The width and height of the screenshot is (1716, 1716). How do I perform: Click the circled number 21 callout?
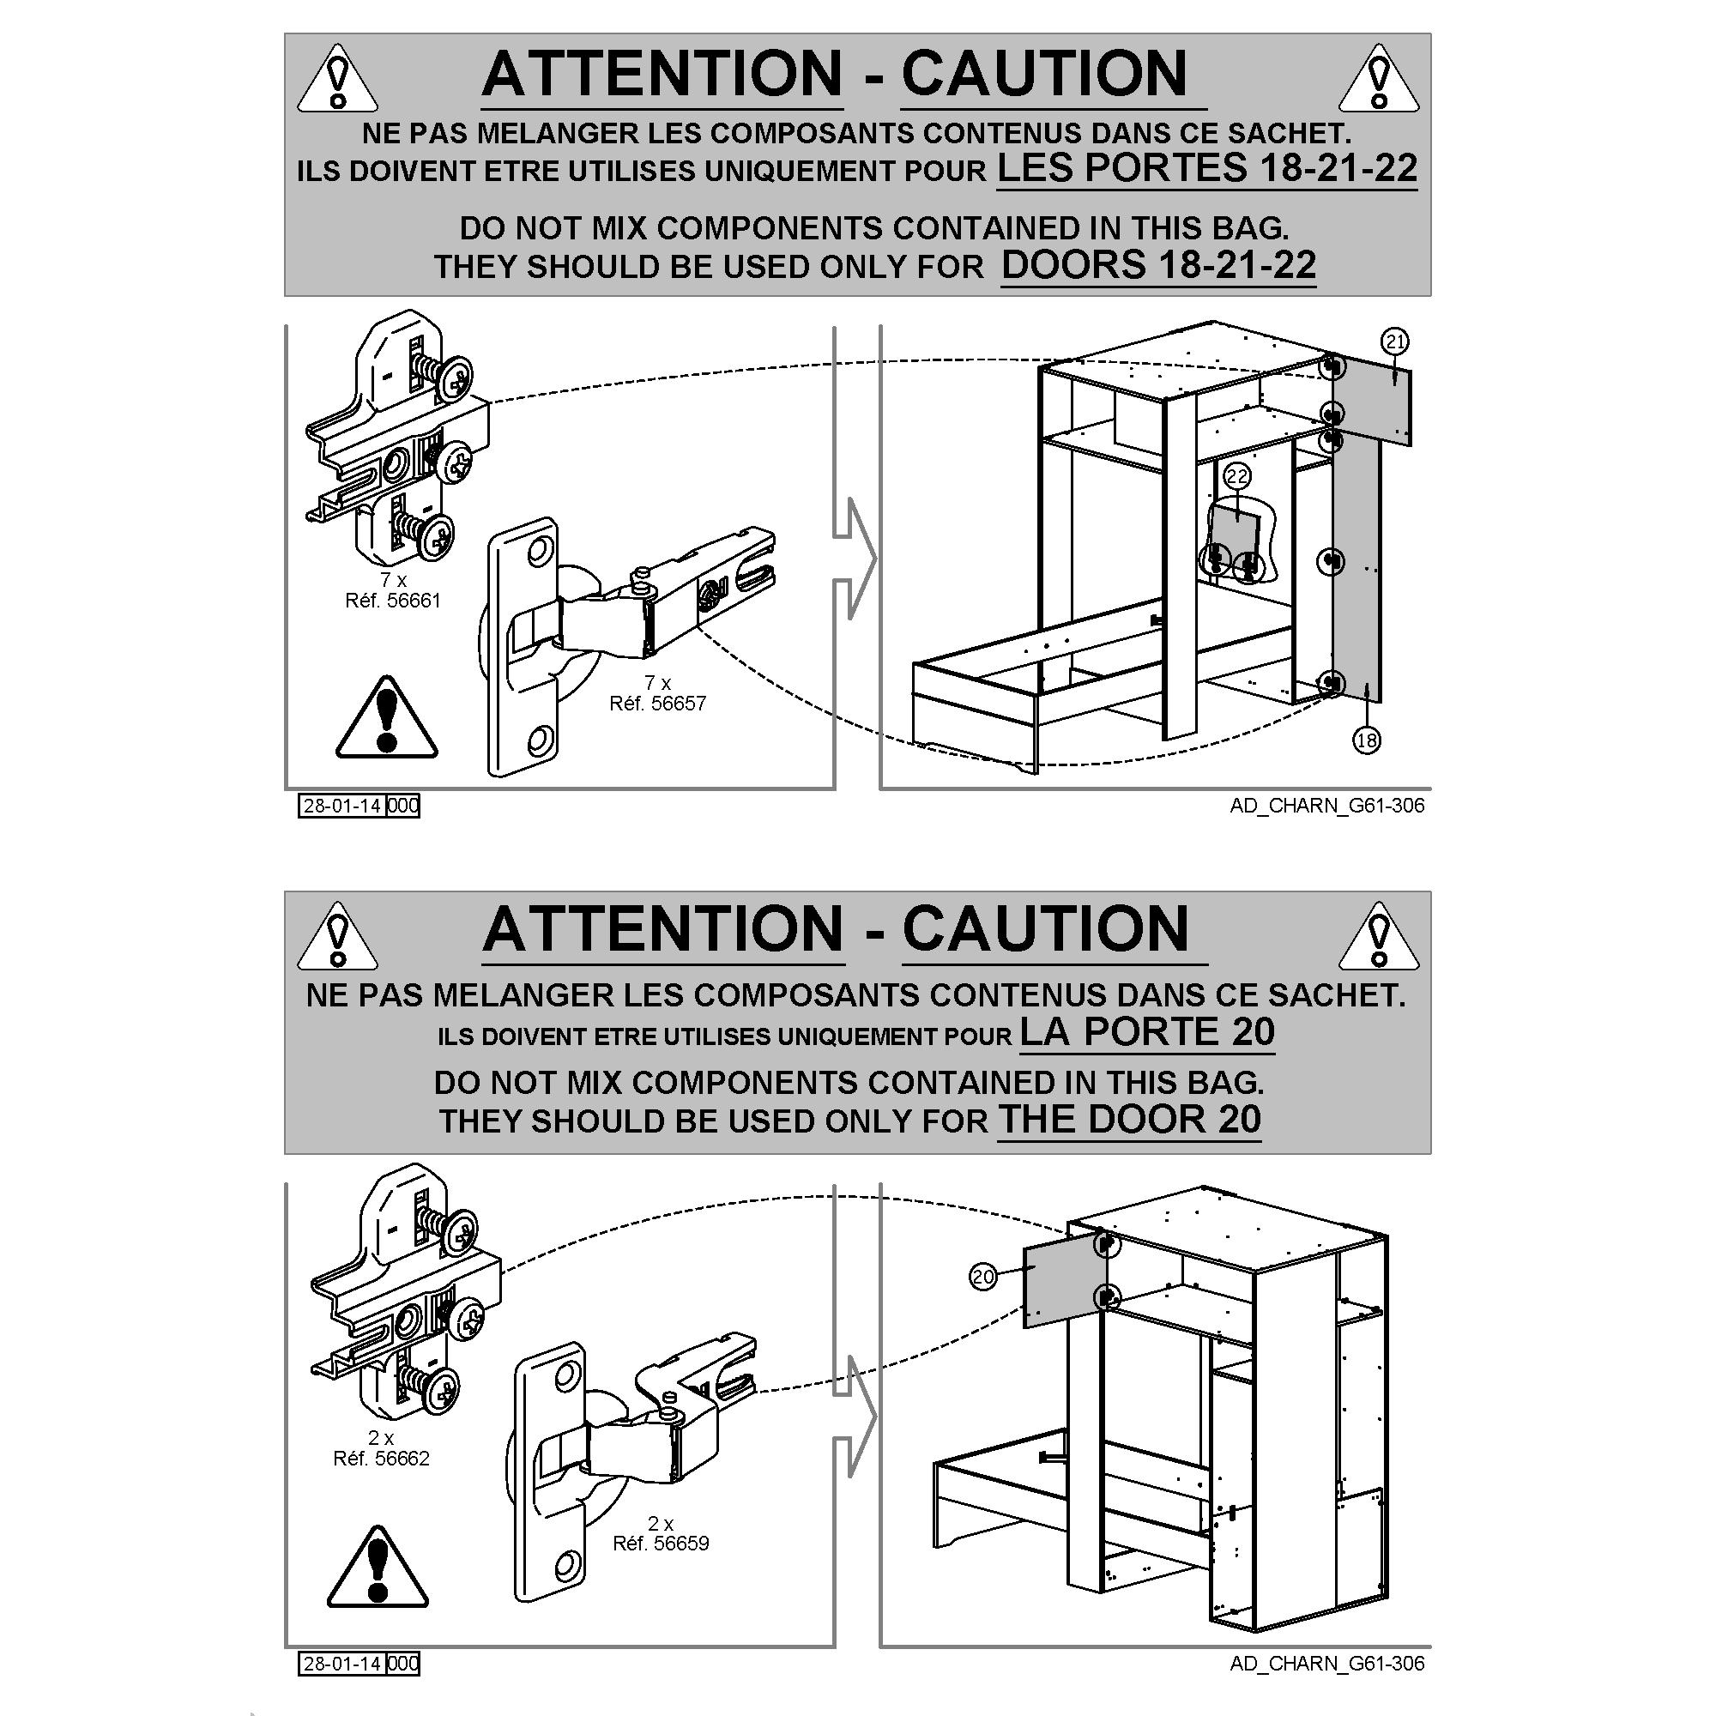click(1394, 341)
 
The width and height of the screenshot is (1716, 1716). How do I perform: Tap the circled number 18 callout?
click(1366, 739)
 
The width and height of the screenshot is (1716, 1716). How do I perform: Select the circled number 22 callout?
click(1237, 477)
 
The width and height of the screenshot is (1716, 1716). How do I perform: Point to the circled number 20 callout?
click(983, 1278)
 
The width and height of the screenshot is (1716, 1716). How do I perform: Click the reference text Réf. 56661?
click(393, 601)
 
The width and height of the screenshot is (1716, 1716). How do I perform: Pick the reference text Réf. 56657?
click(657, 704)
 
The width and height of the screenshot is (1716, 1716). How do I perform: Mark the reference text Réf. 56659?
click(661, 1543)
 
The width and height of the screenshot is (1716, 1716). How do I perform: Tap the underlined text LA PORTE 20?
click(1146, 1031)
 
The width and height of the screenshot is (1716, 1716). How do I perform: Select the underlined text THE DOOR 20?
click(1129, 1119)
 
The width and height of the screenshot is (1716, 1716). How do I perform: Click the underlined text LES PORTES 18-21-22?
click(1207, 168)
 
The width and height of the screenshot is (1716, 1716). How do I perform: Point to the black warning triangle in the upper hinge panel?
click(386, 717)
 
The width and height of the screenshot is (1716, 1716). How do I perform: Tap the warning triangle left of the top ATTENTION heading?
click(336, 80)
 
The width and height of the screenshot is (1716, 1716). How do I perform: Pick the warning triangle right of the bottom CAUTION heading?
click(1379, 936)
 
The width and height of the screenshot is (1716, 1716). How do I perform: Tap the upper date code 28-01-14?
click(342, 806)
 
